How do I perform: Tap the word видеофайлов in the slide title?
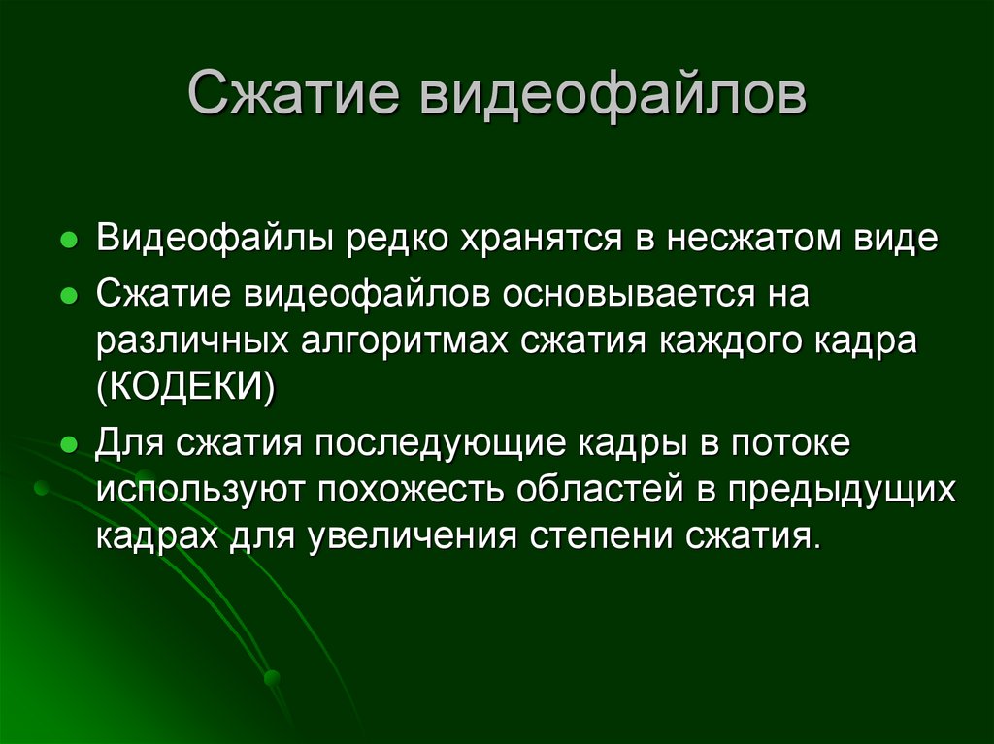tap(613, 97)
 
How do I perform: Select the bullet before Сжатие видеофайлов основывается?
tap(69, 298)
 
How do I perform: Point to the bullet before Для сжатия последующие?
tap(69, 447)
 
